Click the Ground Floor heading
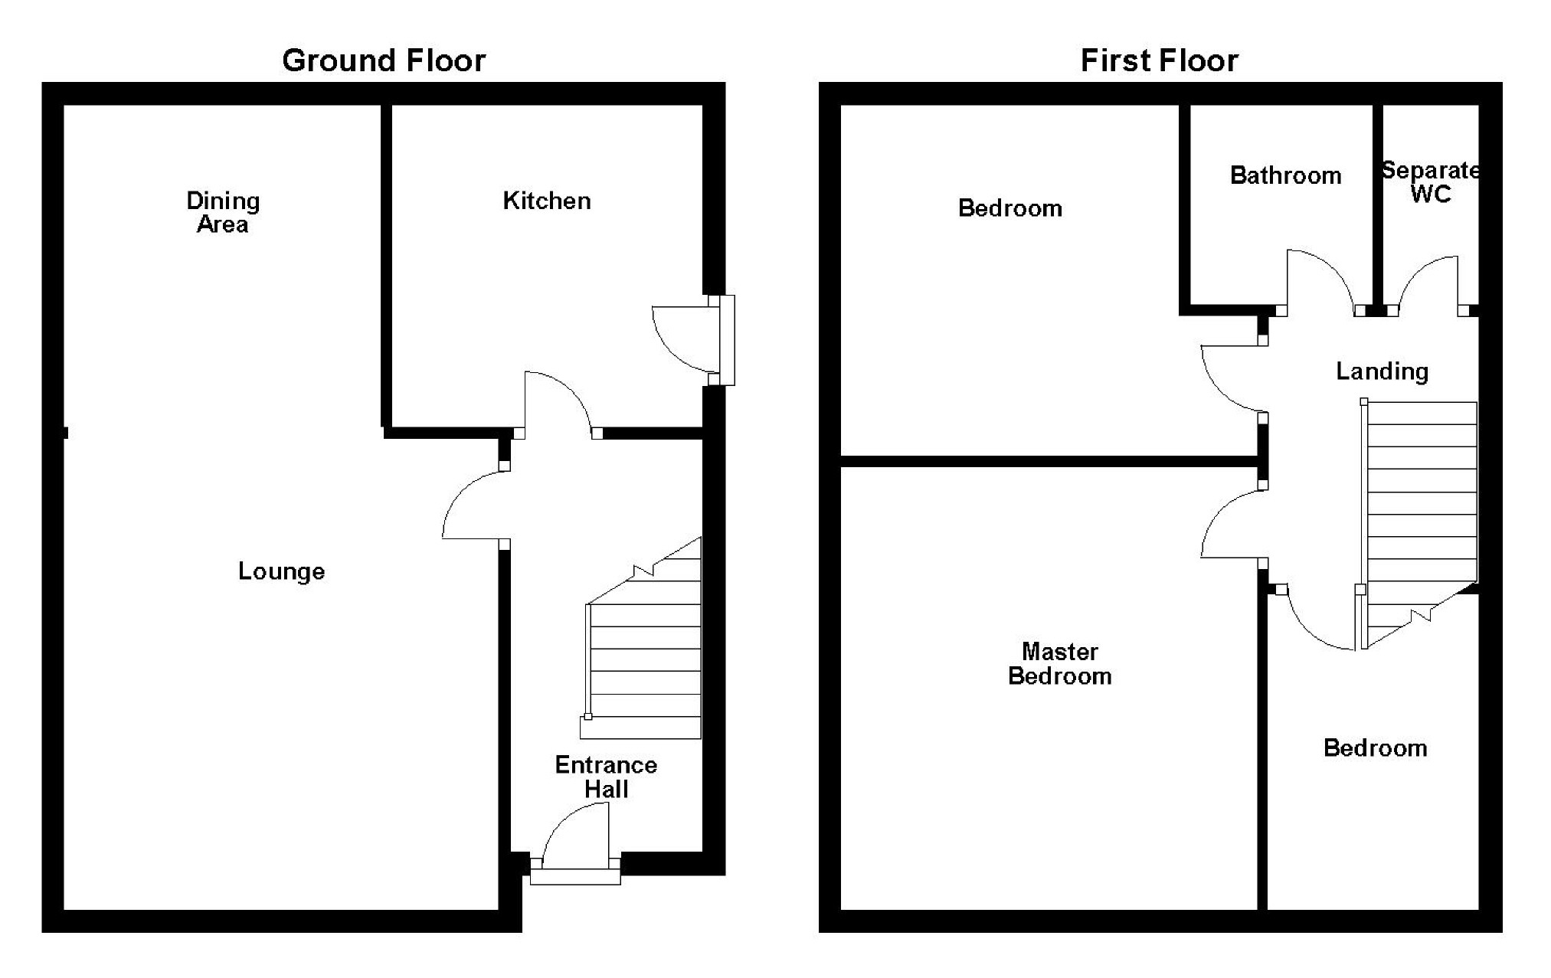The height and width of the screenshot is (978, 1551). [383, 61]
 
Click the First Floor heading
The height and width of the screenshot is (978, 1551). [1159, 61]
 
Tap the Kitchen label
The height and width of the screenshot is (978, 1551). [546, 201]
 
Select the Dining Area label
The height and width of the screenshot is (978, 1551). [223, 212]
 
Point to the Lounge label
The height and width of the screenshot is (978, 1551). [281, 571]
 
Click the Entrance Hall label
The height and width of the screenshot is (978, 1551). [606, 777]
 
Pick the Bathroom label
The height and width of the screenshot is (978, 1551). [1285, 175]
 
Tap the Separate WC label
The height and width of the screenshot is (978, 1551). [1430, 182]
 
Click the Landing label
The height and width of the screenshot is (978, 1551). [1382, 371]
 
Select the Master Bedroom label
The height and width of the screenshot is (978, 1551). [1059, 663]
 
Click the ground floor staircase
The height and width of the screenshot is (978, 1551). [644, 659]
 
